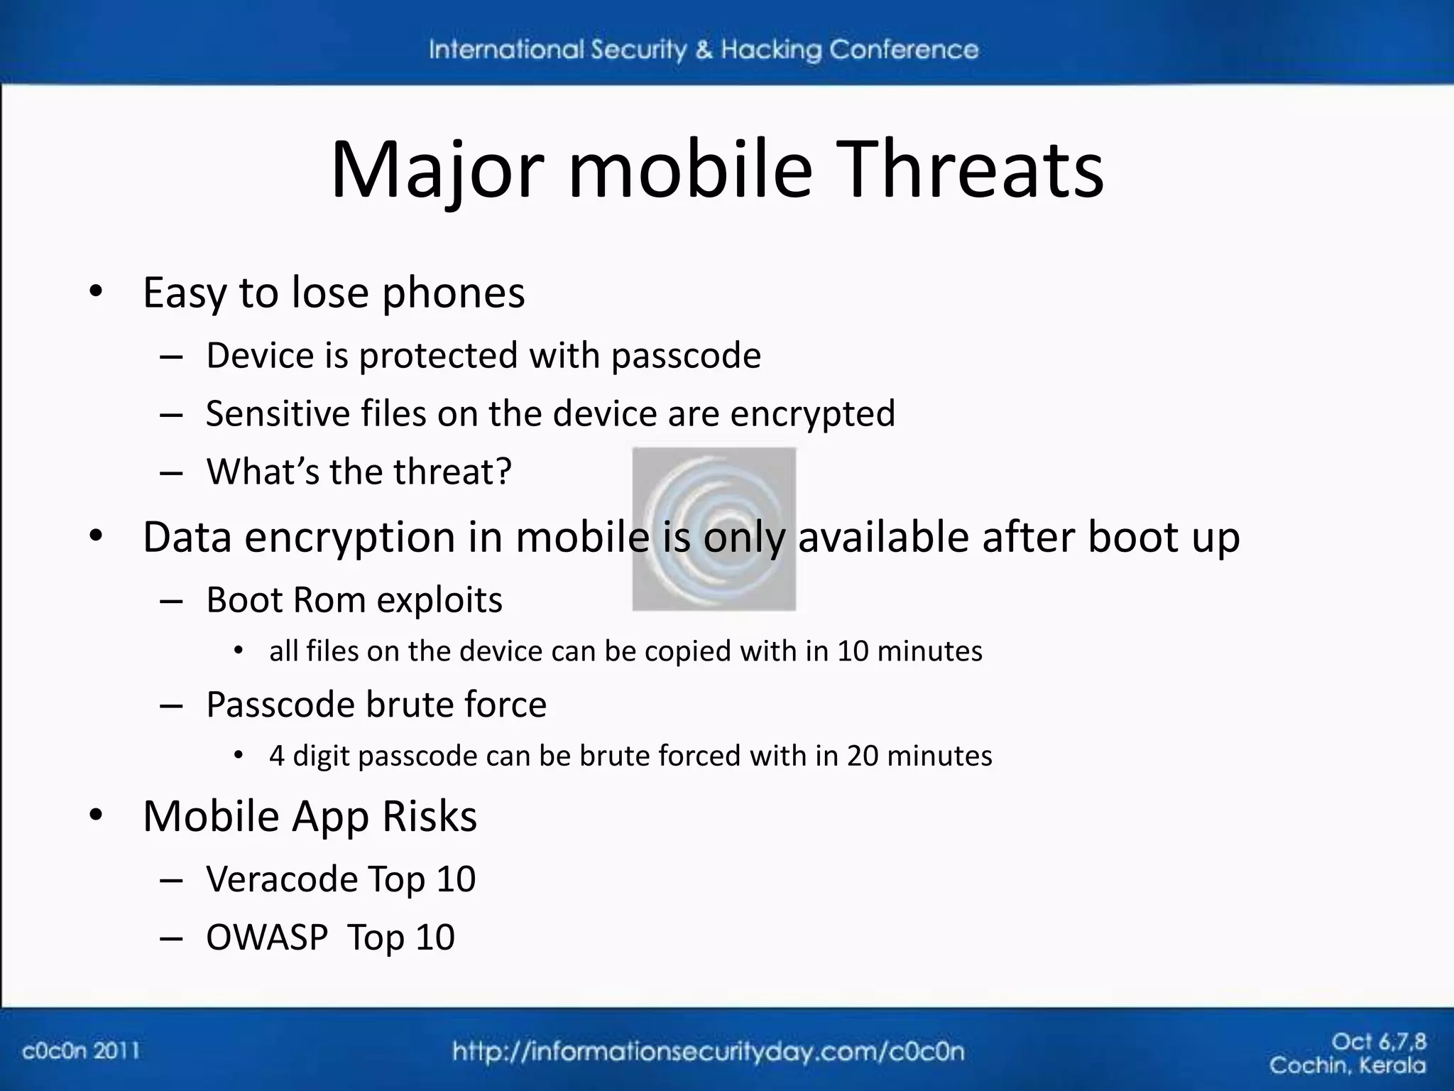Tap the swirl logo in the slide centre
tap(714, 528)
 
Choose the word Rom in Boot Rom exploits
tap(328, 600)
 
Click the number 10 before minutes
tap(853, 651)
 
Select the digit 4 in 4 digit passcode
tap(277, 756)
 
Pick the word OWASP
tap(267, 938)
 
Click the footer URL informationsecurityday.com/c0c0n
tap(709, 1051)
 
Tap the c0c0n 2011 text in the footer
tap(81, 1051)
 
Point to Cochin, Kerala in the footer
tap(1347, 1065)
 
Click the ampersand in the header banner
tap(704, 50)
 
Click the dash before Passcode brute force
tap(171, 706)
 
